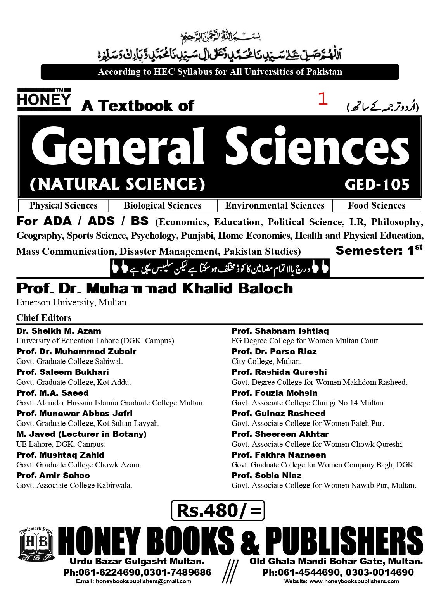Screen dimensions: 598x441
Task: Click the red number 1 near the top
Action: pos(322,99)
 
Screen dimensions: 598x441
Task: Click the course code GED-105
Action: pos(377,184)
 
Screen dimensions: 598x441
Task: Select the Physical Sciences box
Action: pos(63,205)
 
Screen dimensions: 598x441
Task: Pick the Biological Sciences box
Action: pos(163,205)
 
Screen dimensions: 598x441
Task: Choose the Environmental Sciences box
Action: pos(275,205)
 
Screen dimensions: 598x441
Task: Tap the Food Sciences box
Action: pos(376,205)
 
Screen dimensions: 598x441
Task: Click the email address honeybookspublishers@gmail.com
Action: pos(134,581)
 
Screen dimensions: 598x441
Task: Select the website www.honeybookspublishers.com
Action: pos(341,581)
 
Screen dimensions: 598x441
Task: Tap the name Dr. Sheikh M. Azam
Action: pos(59,331)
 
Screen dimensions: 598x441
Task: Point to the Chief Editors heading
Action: pos(44,318)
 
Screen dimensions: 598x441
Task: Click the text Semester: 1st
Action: pos(379,250)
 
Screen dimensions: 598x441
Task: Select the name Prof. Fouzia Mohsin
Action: pos(274,393)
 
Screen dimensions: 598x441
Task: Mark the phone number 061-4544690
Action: pos(297,572)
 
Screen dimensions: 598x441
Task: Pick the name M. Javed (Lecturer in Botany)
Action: pos(81,434)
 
